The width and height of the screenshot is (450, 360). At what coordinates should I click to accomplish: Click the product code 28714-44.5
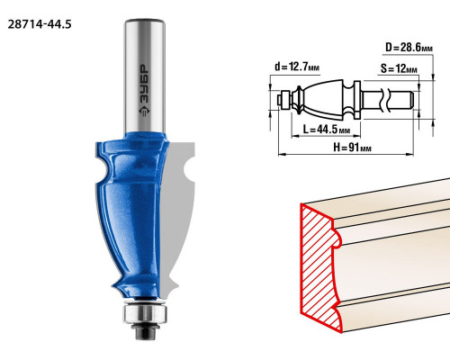click(x=40, y=24)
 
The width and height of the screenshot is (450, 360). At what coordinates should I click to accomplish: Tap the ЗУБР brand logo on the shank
click(x=144, y=90)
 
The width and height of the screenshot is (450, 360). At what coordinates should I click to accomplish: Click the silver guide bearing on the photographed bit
click(x=145, y=313)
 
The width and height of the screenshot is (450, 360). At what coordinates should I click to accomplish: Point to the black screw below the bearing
click(x=145, y=331)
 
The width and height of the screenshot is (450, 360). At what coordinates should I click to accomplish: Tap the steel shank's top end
click(x=145, y=21)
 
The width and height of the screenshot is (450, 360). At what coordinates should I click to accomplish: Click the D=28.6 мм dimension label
click(x=409, y=48)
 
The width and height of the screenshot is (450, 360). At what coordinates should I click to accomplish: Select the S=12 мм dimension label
click(x=399, y=68)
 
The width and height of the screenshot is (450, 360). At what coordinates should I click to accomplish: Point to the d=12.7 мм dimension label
click(x=297, y=67)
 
